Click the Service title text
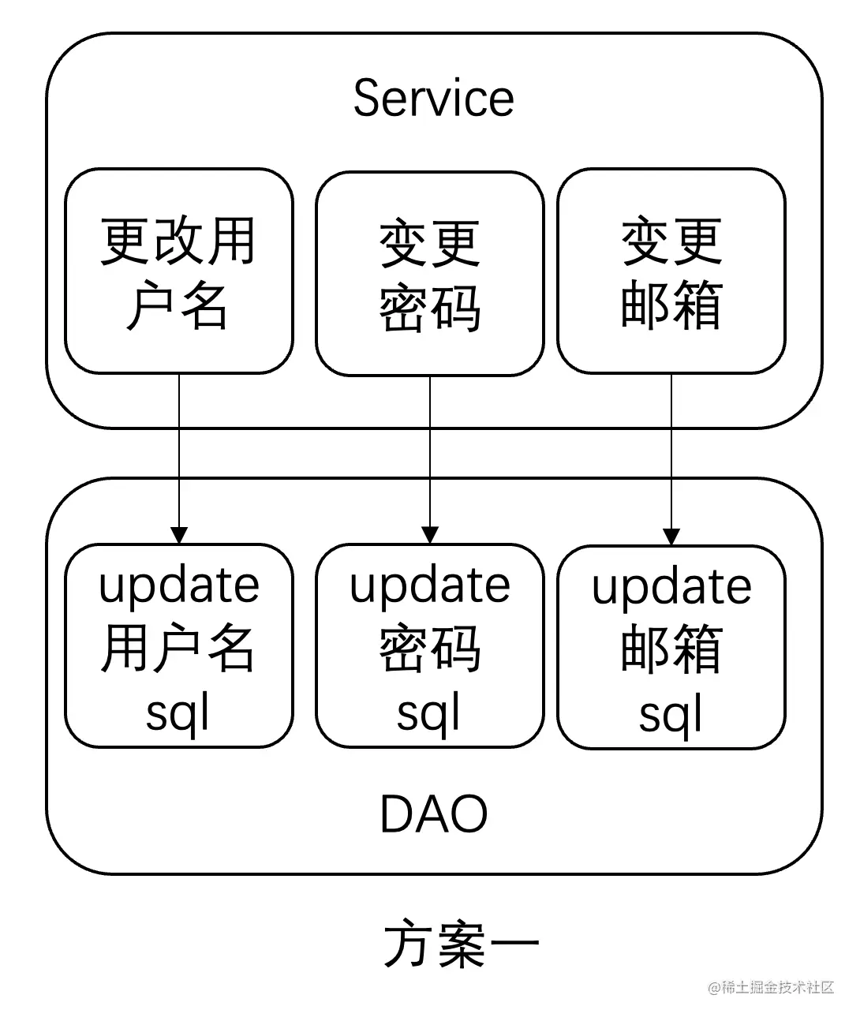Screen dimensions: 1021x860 click(x=433, y=99)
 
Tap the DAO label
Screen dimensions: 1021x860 click(x=433, y=814)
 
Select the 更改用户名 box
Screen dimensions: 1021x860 click(x=179, y=271)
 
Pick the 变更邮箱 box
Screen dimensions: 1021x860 click(x=671, y=271)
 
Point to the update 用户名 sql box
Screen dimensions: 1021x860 click(x=179, y=646)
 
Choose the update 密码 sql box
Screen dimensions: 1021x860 click(x=430, y=646)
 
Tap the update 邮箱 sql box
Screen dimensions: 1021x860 click(x=671, y=648)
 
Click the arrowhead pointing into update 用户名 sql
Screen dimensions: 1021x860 click(x=179, y=535)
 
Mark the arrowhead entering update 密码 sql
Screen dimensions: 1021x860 click(x=430, y=535)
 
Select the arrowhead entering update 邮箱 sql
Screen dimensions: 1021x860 click(x=671, y=537)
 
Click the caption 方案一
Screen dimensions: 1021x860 click(x=462, y=944)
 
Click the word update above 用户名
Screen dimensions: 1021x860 click(x=179, y=585)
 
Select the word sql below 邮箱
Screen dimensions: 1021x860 click(x=671, y=714)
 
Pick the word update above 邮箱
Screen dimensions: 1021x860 click(x=671, y=587)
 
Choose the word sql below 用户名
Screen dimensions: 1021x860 click(x=178, y=712)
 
